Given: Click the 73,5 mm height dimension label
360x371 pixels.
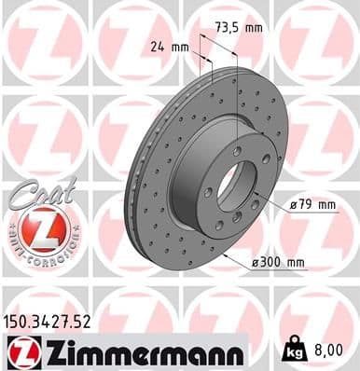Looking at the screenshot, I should click(x=237, y=28).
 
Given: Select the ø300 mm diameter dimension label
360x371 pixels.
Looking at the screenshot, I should click(x=279, y=263).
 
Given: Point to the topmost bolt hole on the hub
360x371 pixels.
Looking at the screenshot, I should click(x=238, y=150).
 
